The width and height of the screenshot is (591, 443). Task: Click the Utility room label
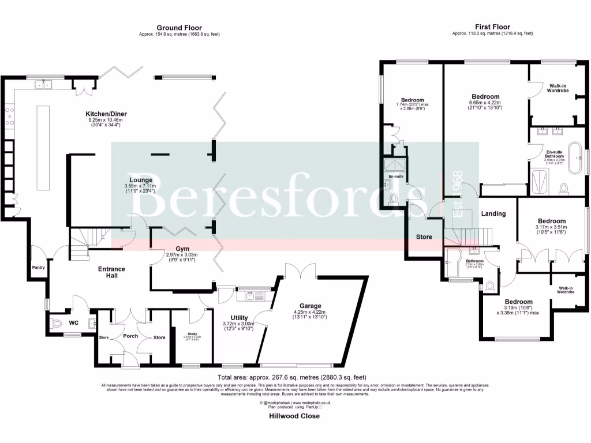click(x=239, y=318)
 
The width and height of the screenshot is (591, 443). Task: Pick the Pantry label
click(x=39, y=267)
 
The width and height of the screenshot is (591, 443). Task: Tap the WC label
click(x=73, y=323)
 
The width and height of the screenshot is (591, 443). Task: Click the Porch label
click(x=131, y=336)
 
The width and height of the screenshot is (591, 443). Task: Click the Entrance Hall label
click(x=107, y=272)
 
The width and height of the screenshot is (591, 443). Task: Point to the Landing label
click(x=493, y=213)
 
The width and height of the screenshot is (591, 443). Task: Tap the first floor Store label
click(x=424, y=236)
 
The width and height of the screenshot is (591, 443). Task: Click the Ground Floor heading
click(x=179, y=27)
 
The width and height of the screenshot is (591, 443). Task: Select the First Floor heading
click(x=492, y=27)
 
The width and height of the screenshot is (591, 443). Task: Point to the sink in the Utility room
click(x=250, y=296)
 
